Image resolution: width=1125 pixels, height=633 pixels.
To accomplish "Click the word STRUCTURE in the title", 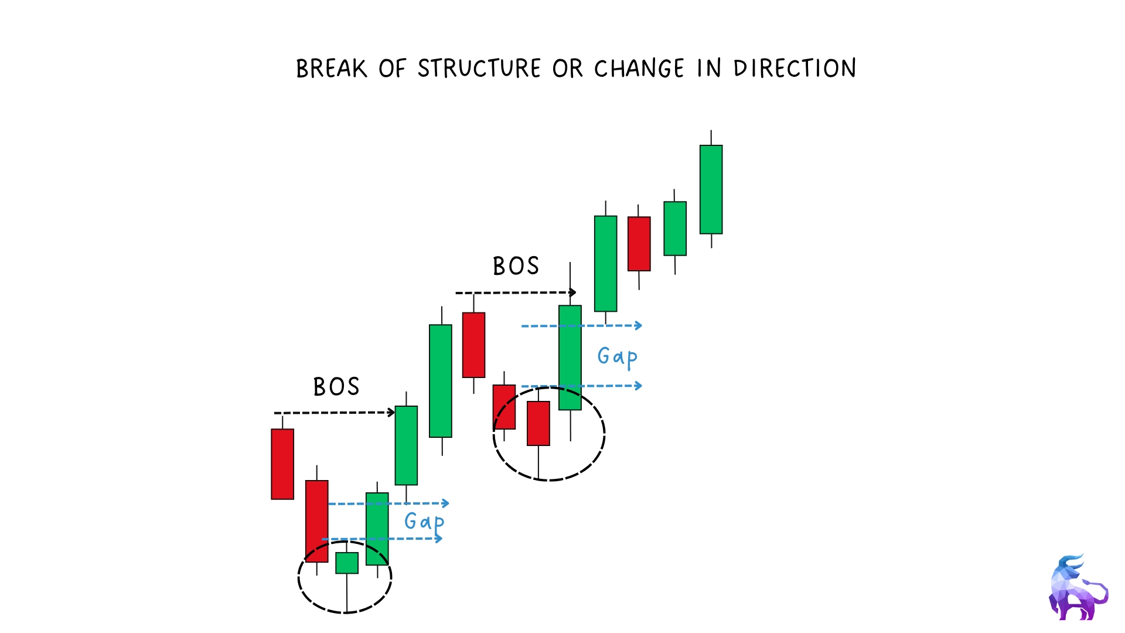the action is pyautogui.click(x=479, y=69).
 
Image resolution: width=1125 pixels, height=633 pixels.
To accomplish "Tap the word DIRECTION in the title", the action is pyautogui.click(x=795, y=69).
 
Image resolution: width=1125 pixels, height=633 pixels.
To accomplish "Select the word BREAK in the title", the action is pyautogui.click(x=332, y=69).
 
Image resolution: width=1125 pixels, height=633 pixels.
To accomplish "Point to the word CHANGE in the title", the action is pyautogui.click(x=639, y=69).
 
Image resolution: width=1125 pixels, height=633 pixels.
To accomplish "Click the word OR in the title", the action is pyautogui.click(x=567, y=69).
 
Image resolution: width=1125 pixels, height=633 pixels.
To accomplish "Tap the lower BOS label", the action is pyautogui.click(x=336, y=387).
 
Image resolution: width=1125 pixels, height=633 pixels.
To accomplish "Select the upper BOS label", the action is pyautogui.click(x=516, y=266).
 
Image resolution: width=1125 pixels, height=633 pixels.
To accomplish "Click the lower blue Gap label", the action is pyautogui.click(x=424, y=522).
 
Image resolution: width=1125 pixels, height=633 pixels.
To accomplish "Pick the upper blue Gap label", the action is pyautogui.click(x=618, y=357).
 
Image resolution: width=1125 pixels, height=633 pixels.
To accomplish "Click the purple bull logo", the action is pyautogui.click(x=1078, y=588).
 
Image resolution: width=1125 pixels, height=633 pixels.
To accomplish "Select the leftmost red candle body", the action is pyautogui.click(x=282, y=464).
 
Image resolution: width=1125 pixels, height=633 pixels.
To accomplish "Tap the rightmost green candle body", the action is pyautogui.click(x=711, y=189).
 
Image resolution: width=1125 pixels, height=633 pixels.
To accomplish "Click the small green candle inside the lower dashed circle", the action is pyautogui.click(x=347, y=563).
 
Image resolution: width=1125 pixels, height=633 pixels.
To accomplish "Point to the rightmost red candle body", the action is pyautogui.click(x=639, y=244).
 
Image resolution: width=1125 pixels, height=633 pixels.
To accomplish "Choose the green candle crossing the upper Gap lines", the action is pyautogui.click(x=570, y=358).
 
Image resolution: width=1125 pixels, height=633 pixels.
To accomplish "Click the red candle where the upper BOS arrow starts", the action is pyautogui.click(x=473, y=345).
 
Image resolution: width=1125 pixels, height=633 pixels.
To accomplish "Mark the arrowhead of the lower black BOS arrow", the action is pyautogui.click(x=391, y=413).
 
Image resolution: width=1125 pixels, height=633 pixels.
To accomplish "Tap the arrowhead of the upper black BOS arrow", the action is pyautogui.click(x=573, y=292).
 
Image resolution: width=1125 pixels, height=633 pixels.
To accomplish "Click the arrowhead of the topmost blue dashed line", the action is pyautogui.click(x=639, y=325).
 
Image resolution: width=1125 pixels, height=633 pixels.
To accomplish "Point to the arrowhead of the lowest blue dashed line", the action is pyautogui.click(x=438, y=538).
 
